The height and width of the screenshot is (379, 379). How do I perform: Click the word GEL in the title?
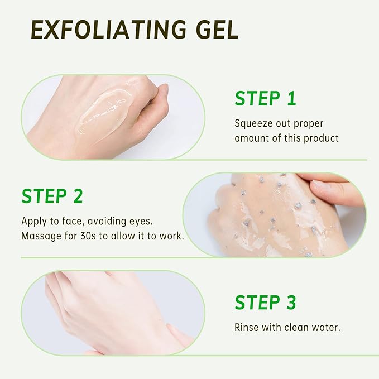click(215, 29)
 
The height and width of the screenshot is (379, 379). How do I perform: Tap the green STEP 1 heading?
click(265, 98)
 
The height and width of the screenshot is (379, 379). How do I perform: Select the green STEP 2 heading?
click(52, 196)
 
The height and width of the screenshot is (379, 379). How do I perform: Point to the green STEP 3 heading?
click(265, 302)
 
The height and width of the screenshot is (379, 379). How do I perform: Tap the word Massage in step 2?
click(41, 236)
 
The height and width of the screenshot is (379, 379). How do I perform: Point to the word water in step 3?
click(325, 328)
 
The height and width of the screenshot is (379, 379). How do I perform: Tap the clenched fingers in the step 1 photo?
click(153, 103)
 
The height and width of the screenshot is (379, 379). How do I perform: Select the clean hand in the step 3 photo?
click(112, 313)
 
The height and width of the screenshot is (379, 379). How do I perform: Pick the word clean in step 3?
click(296, 328)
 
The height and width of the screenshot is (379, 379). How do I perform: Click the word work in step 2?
click(171, 236)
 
